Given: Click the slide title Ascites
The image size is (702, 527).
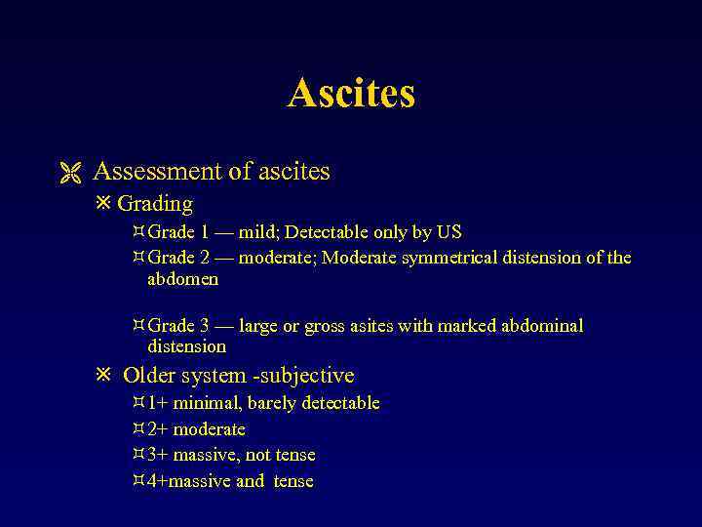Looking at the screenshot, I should pos(351,94).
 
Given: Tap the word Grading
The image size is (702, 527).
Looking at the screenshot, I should pos(155,204).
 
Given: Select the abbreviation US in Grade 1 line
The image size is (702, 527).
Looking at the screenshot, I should pos(449,232).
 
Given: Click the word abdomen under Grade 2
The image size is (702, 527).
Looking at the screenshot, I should pos(182,279).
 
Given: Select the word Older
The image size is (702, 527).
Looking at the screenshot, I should pos(148,376).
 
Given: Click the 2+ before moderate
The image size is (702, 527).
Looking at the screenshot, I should pos(157,429).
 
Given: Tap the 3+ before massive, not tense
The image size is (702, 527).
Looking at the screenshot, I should pos(157,455).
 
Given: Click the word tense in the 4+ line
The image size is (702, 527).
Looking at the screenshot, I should pos(293,481).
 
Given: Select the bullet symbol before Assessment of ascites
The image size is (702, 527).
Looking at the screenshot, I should pos(66,173).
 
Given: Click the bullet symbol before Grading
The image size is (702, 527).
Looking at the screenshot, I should pos(104,204).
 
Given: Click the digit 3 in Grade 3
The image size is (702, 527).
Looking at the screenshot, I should pos(205,326).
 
